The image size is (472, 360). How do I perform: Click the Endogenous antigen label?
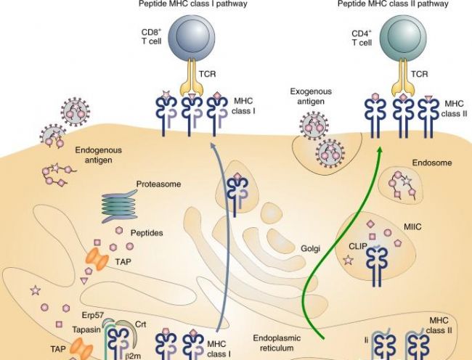click(94, 155)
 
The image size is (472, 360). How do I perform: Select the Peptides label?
click(146, 233)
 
